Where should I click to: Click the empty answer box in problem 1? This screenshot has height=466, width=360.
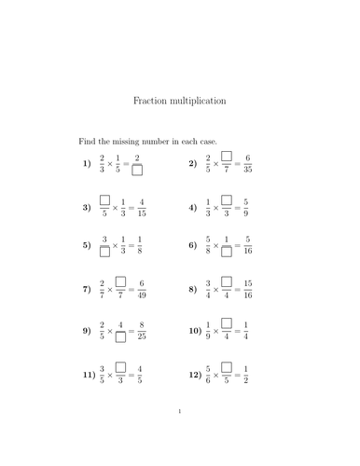point(137,171)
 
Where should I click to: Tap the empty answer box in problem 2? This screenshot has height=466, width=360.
point(227,157)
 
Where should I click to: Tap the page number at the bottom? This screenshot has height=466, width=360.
point(178,435)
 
